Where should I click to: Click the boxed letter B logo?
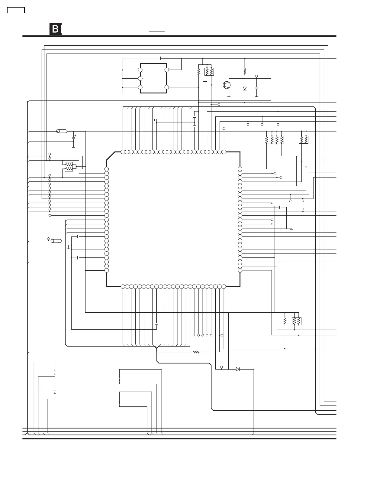56,29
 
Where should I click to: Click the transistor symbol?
227,85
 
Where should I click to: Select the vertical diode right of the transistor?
245,89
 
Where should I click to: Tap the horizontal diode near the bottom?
238,369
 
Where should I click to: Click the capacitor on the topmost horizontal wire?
160,58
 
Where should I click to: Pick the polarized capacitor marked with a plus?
73,138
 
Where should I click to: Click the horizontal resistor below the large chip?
197,352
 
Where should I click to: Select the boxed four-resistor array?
274,140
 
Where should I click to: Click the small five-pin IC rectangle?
153,78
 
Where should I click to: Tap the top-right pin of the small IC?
167,70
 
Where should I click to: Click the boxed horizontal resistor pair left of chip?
69,167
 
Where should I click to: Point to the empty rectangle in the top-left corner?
16,10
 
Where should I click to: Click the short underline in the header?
157,31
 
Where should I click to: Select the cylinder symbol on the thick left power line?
62,131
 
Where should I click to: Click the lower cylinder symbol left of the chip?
56,241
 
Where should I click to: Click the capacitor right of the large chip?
281,207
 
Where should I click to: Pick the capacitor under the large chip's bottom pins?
156,323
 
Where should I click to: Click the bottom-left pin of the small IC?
140,87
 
